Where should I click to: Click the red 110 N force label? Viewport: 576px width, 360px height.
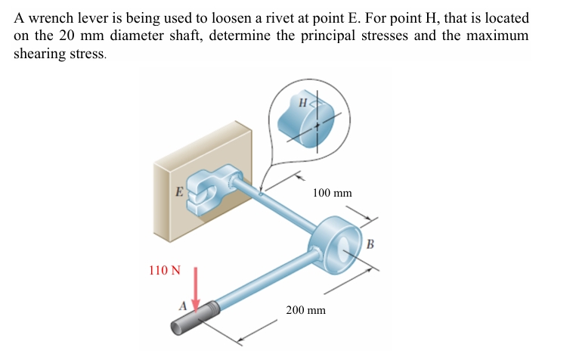click(x=165, y=271)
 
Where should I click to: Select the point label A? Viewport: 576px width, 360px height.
click(x=182, y=306)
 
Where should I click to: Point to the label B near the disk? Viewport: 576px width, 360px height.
click(x=370, y=243)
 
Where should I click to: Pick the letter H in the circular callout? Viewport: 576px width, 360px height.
click(x=302, y=102)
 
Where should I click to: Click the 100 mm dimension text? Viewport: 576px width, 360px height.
click(x=332, y=193)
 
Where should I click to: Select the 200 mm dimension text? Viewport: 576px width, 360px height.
click(x=305, y=310)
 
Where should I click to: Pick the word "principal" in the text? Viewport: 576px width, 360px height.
click(x=323, y=36)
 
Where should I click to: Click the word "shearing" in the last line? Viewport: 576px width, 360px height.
click(x=39, y=54)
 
